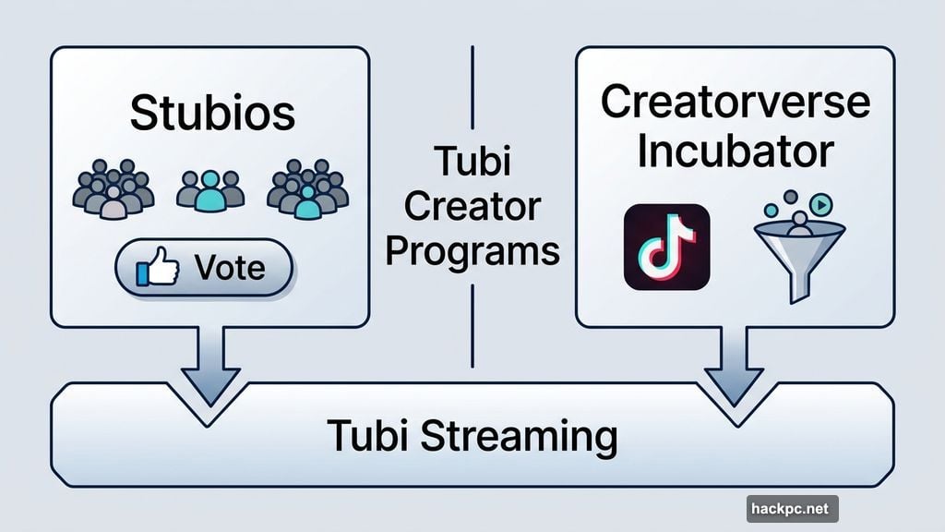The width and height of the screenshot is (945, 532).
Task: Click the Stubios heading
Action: point(212,113)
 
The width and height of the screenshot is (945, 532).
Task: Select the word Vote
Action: point(231,269)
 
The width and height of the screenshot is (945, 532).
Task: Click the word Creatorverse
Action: point(735,103)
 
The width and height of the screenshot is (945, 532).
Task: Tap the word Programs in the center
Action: point(472,250)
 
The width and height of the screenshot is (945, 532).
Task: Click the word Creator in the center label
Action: point(472,207)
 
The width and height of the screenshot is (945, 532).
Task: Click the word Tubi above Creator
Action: point(472,164)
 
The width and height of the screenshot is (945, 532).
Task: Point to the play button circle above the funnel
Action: point(823,204)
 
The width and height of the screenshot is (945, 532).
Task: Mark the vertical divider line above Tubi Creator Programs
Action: point(472,88)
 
